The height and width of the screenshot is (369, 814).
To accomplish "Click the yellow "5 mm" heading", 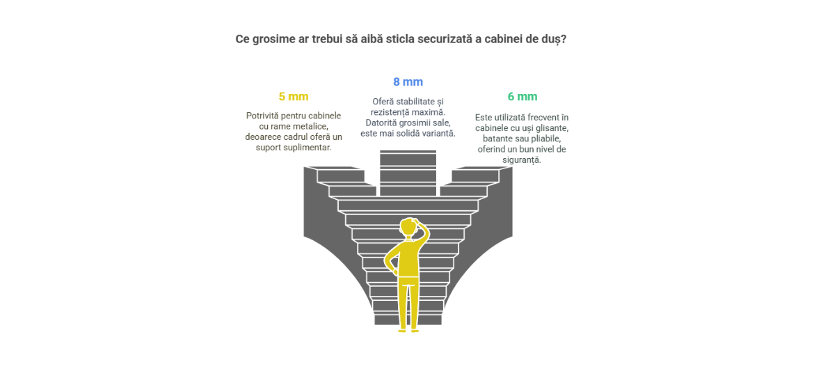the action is tap(294, 97).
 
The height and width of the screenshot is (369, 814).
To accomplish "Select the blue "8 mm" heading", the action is tap(408, 81).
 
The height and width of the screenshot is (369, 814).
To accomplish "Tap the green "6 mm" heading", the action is tap(522, 97).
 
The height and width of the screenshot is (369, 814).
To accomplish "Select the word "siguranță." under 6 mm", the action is tap(522, 160).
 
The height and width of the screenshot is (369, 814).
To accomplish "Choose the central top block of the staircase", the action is tap(408, 173).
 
